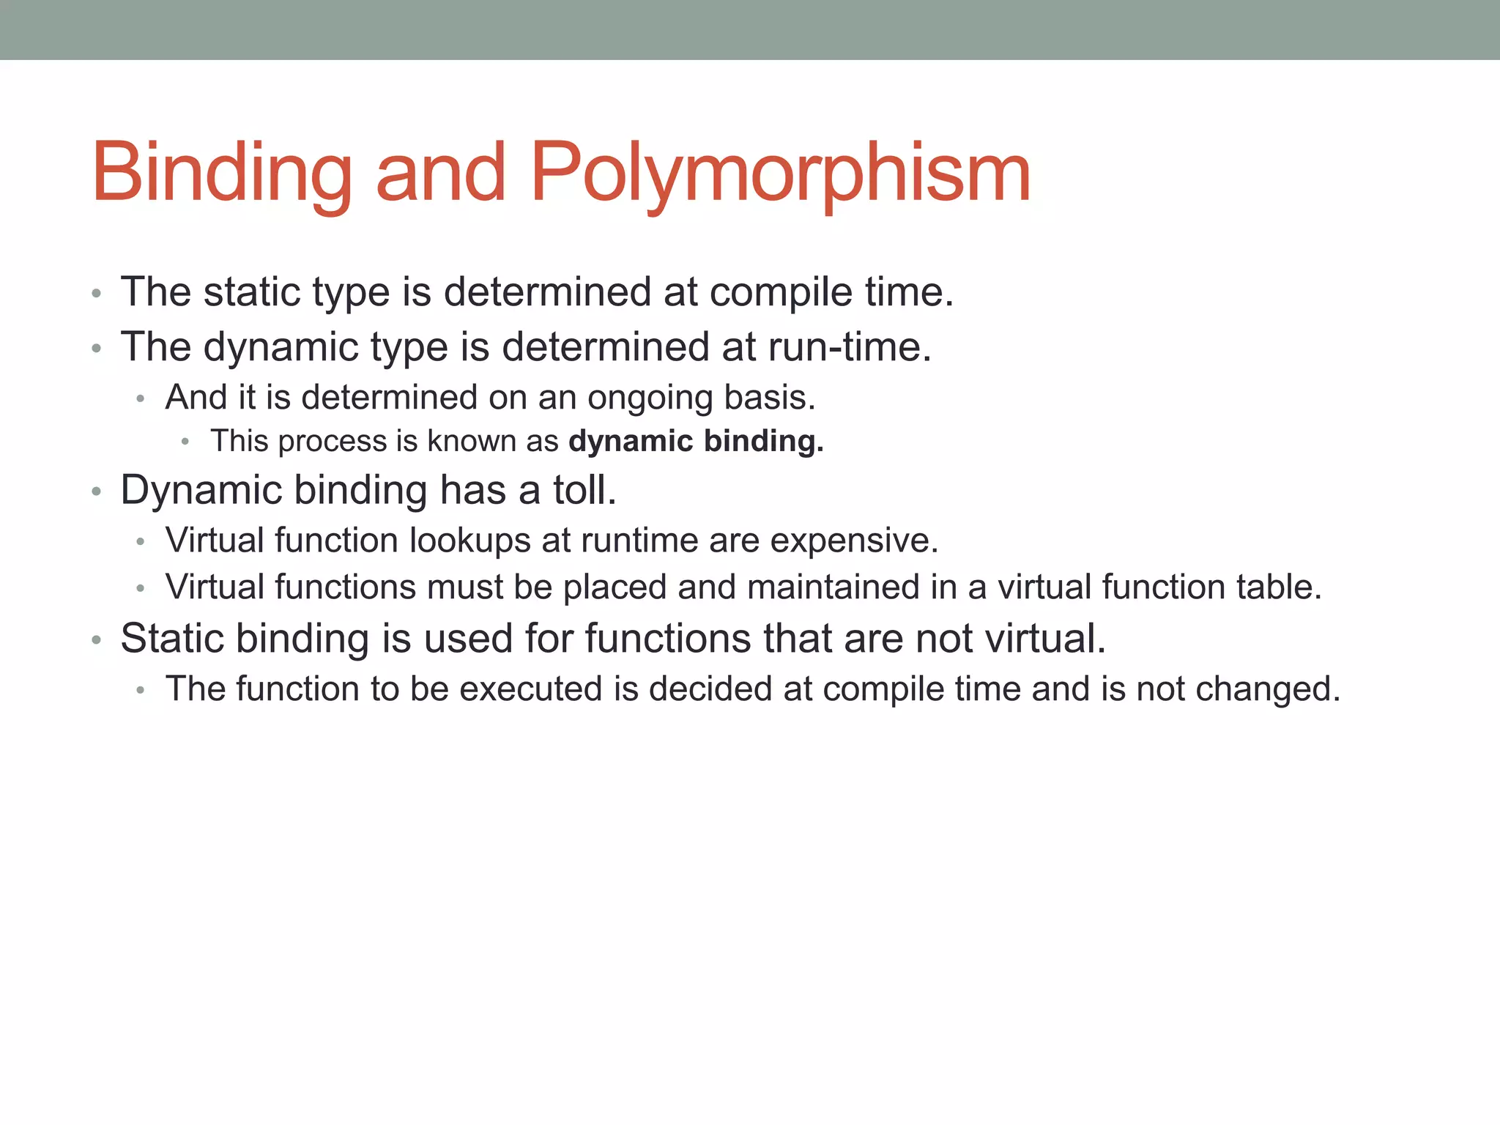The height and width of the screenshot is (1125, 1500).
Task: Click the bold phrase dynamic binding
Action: (x=696, y=441)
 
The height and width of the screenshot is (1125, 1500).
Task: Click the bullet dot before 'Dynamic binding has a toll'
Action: (x=96, y=491)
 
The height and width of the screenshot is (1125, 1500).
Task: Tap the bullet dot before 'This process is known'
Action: (x=186, y=442)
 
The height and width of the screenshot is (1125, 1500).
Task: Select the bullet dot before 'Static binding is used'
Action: (x=96, y=640)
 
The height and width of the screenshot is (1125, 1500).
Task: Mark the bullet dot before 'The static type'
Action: (x=96, y=294)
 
